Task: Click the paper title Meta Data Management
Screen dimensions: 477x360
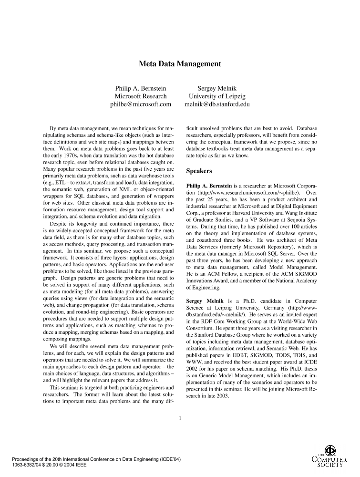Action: (x=180, y=63)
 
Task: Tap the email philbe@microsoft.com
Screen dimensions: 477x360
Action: (x=141, y=104)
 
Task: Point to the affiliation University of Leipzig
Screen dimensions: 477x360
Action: (x=217, y=96)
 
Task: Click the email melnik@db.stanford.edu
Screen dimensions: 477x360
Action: (x=217, y=104)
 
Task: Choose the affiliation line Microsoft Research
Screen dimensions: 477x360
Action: (x=141, y=96)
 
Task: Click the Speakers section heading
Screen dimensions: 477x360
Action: (x=200, y=170)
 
